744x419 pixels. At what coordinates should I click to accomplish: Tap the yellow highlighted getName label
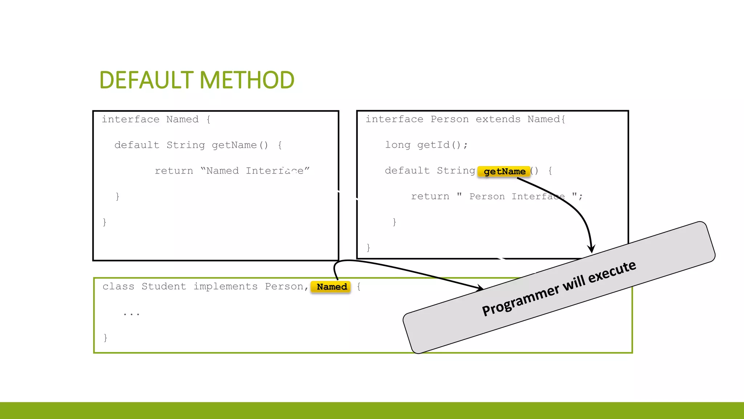504,171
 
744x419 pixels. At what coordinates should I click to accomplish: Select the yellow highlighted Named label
331,287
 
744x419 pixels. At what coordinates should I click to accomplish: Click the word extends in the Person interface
498,119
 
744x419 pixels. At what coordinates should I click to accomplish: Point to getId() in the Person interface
442,145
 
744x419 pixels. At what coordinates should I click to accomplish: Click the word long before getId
397,145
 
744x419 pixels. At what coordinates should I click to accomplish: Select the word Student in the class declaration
163,287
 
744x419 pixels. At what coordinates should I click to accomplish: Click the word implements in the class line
225,287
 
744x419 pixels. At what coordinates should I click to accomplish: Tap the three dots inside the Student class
131,314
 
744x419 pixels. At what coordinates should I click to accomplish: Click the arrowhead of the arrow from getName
591,250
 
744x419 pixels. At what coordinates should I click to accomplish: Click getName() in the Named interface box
240,145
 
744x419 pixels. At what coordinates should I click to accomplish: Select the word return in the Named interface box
174,171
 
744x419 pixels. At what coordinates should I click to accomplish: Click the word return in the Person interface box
430,197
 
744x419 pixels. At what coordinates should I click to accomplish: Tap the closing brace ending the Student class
105,338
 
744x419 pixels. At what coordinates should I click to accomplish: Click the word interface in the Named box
130,119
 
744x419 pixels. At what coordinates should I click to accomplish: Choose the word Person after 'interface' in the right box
449,119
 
